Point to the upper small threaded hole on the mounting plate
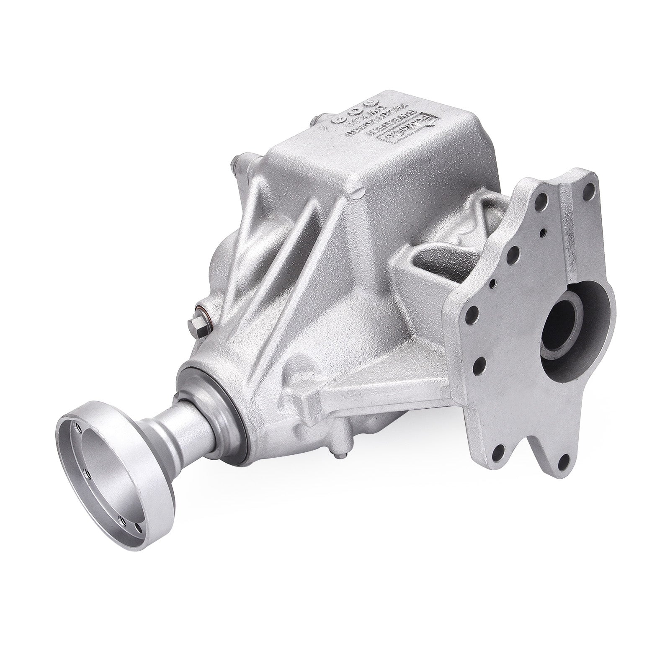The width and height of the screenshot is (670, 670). click(x=543, y=231)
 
